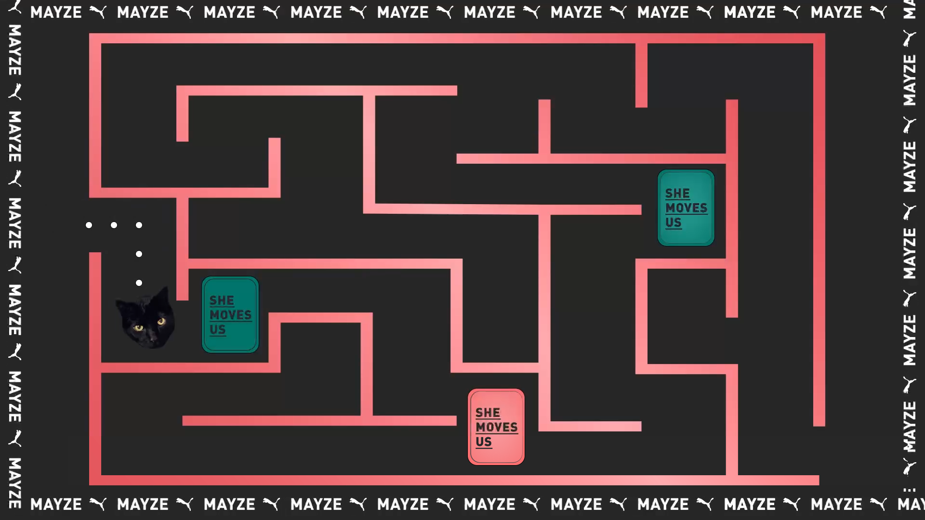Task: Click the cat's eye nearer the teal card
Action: [161, 321]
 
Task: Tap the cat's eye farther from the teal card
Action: [139, 328]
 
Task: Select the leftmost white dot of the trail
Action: [89, 225]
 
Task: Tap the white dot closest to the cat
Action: [139, 283]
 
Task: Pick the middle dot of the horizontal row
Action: [114, 225]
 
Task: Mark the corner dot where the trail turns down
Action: [139, 225]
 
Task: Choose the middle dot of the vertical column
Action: [139, 254]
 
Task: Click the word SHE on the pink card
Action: [488, 413]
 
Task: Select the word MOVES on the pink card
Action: [496, 427]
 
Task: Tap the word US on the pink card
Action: [483, 442]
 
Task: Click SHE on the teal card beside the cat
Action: [222, 300]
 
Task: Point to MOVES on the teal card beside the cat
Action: [230, 315]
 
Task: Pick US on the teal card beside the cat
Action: [217, 329]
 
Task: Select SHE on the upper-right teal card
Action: [677, 194]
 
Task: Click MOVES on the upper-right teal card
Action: [686, 208]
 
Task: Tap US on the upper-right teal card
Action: [673, 222]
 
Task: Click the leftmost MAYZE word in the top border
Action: [56, 12]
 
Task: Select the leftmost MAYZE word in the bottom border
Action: [56, 504]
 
